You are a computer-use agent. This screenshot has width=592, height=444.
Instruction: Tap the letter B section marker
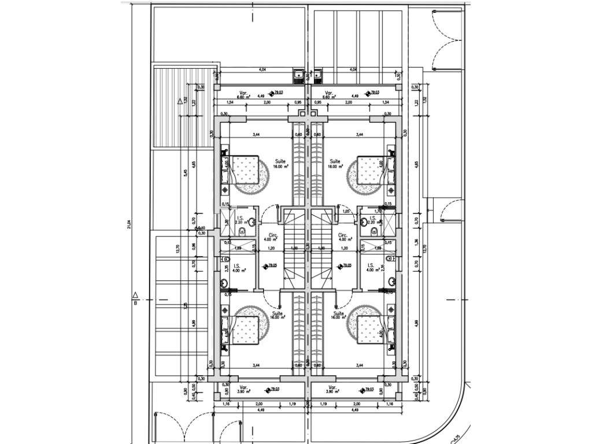coord(135,302)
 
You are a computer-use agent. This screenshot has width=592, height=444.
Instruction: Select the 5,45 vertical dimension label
coord(186,172)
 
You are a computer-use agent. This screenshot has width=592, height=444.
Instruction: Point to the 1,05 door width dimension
coord(346,212)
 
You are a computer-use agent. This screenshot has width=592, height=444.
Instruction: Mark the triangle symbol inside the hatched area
coord(179,102)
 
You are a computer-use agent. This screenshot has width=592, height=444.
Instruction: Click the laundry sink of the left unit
coord(298,75)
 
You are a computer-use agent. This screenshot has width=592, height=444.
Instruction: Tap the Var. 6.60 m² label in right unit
coord(331,95)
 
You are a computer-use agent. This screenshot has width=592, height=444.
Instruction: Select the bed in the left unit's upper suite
coord(243,169)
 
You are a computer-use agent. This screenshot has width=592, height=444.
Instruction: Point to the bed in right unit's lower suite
coord(370,330)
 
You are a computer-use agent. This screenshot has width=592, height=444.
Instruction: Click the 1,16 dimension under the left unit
coord(223,403)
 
